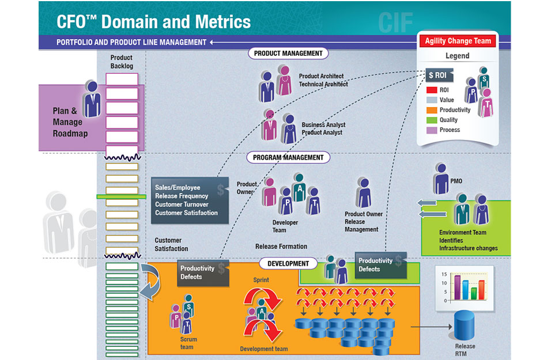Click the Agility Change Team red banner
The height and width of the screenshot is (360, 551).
coord(458,41)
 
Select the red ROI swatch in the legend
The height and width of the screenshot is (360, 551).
coord(432,90)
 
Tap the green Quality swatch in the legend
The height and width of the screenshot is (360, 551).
coord(432,120)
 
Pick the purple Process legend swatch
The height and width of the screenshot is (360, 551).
coord(432,130)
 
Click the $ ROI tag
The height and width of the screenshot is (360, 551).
coord(439,75)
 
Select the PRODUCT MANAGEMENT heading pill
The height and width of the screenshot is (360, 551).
coord(289,54)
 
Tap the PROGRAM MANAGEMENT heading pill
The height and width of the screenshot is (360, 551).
coord(289,157)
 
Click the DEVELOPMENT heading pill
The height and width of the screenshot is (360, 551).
coord(288,264)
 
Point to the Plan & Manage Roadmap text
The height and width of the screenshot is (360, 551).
coord(67,122)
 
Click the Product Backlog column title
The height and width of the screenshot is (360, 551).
coord(122,62)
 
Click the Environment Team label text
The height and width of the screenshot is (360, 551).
coord(462,233)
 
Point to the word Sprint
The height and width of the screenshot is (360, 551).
coord(261,280)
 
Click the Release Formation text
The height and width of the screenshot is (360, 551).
coord(281,247)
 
